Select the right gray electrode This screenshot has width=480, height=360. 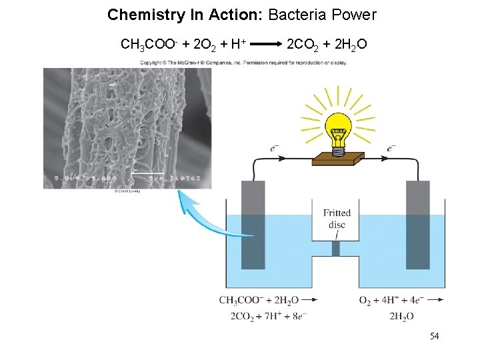(x=418, y=227)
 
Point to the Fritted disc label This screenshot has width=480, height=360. (x=337, y=219)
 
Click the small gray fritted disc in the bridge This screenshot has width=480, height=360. (x=335, y=248)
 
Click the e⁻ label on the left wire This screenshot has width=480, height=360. (x=275, y=148)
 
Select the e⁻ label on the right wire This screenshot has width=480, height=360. (x=391, y=148)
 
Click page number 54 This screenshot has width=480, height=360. (x=434, y=336)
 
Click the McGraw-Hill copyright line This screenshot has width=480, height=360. (x=243, y=63)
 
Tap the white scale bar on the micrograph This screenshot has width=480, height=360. (x=148, y=173)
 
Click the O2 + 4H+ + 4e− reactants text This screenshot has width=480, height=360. (x=391, y=300)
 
